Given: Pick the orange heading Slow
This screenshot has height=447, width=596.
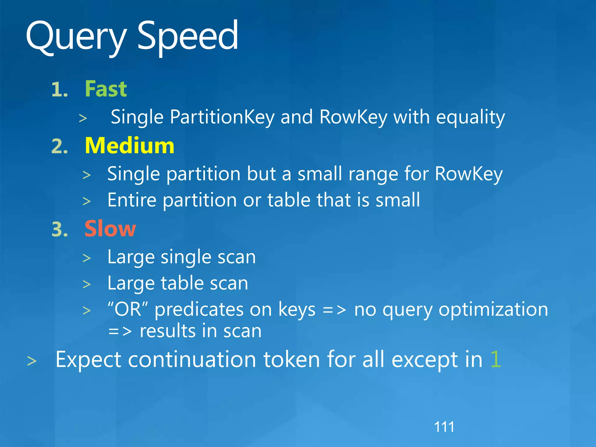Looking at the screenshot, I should click(110, 229).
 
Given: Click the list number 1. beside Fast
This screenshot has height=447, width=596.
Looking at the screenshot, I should click(60, 89).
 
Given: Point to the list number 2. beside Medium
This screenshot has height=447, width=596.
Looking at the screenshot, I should click(60, 146).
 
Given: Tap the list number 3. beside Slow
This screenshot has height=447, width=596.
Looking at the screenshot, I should click(60, 229).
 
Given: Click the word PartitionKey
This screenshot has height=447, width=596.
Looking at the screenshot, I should click(222, 117).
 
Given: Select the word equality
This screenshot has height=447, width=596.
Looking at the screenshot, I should click(470, 117).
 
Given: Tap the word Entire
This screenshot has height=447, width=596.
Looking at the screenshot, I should click(132, 200).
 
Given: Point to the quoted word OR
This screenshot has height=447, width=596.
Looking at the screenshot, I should click(128, 309).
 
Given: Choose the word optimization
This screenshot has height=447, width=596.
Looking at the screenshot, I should click(493, 310).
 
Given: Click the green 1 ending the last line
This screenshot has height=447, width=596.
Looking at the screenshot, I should click(496, 360).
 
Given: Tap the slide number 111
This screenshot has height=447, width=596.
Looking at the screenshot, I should click(444, 427).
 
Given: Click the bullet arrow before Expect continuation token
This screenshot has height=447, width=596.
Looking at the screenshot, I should click(32, 361).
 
